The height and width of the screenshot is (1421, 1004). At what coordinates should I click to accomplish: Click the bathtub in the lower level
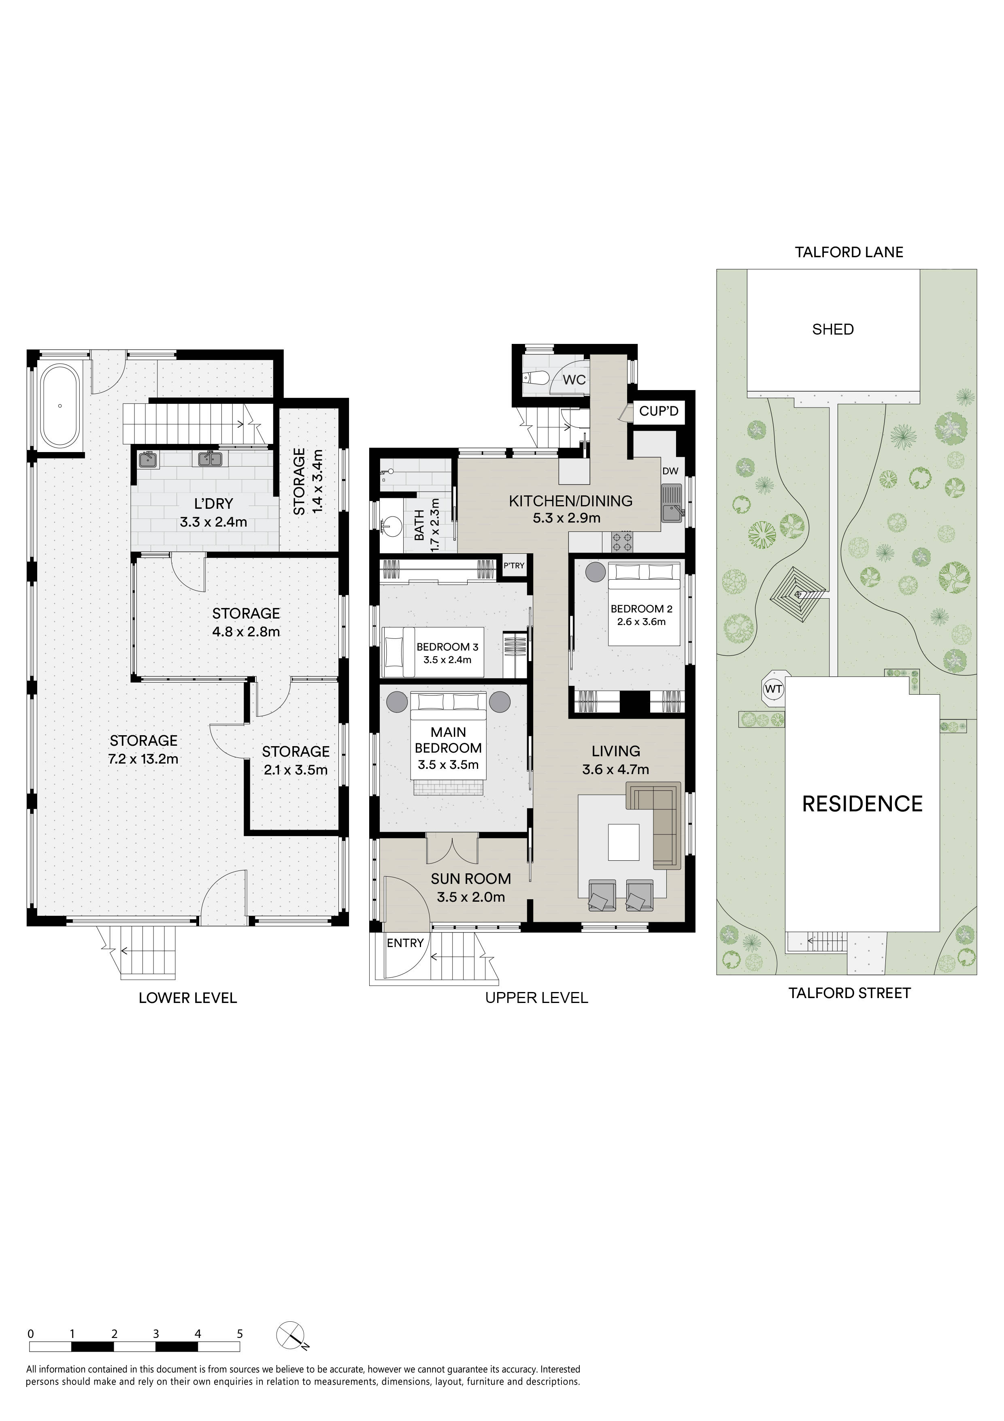click(x=60, y=406)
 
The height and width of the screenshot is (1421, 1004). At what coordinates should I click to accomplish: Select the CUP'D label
click(x=659, y=412)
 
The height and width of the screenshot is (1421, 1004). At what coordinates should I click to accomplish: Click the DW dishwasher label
click(x=670, y=471)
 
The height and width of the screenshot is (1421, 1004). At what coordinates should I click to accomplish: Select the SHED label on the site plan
click(x=833, y=329)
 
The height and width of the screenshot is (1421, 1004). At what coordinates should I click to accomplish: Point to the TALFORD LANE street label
click(x=849, y=252)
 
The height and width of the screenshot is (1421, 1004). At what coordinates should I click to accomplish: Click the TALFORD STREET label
click(x=849, y=993)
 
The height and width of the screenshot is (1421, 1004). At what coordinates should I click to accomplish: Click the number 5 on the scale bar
click(x=240, y=1334)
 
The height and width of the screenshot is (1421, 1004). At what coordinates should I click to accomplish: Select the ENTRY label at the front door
click(x=405, y=943)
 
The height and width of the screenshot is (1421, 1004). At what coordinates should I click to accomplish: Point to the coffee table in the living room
click(x=623, y=842)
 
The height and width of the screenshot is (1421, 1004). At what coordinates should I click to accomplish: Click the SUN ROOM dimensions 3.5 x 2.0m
click(x=471, y=897)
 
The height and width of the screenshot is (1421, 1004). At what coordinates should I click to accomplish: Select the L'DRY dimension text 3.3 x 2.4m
click(x=213, y=522)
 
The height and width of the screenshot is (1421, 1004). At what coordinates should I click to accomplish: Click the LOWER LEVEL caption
click(x=187, y=998)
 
